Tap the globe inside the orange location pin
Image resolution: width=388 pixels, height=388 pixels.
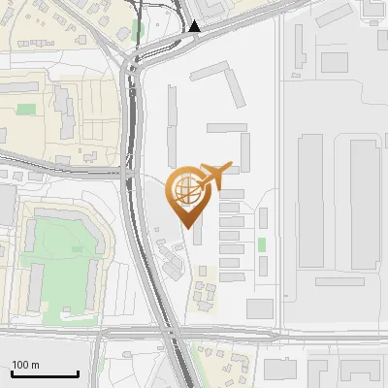point(186,187)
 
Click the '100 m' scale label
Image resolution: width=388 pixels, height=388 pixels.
point(25,365)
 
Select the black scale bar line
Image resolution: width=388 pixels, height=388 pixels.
point(45,373)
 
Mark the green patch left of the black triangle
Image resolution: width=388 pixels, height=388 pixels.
point(138,28)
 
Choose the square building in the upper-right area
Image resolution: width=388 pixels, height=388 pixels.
point(334,62)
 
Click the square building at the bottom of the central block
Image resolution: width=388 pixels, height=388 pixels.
point(260,309)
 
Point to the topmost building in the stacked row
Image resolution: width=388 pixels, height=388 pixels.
point(231,194)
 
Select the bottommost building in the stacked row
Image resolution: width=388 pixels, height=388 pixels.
point(230,276)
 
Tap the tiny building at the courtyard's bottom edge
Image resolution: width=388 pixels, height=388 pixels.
point(66,308)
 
